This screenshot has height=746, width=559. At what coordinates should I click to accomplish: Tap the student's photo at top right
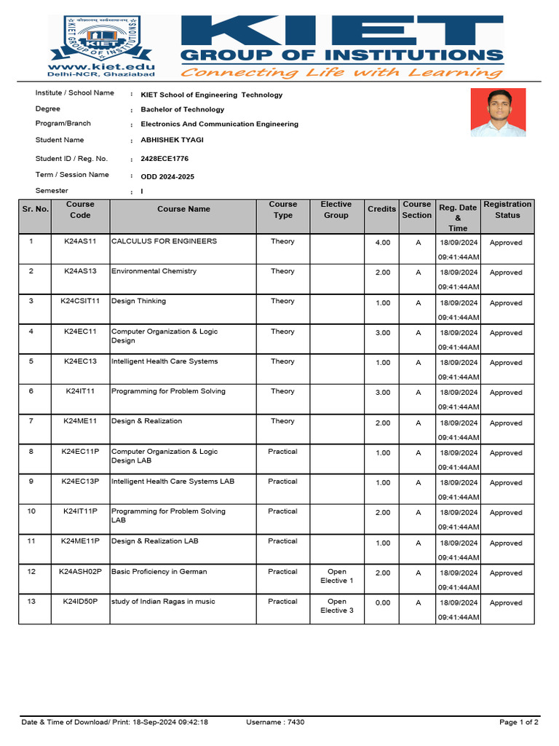pos(498,113)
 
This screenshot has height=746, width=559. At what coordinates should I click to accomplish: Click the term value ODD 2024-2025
pos(167,176)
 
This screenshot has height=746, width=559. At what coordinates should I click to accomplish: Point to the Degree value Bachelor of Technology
pos(182,109)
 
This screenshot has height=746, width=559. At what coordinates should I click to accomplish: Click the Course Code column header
pos(80,210)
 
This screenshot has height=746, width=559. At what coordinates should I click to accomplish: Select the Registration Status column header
pos(507,210)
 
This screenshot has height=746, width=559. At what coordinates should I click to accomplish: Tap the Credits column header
pos(381,209)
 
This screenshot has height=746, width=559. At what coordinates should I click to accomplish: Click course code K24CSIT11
pos(80,302)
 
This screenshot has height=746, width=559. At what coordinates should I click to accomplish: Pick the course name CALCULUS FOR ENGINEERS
pos(164,241)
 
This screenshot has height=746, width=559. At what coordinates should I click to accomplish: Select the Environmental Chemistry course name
pos(154,271)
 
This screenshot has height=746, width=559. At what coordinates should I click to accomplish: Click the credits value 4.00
pos(382,243)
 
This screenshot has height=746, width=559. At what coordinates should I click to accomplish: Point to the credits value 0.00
pos(382,603)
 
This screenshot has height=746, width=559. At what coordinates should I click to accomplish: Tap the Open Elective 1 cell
pos(336,576)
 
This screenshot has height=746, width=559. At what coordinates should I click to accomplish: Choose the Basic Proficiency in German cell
pos(159,572)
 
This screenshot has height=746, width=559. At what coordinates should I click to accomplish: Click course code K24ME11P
pos(80,541)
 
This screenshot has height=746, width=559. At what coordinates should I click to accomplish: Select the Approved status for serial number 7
pos(506,423)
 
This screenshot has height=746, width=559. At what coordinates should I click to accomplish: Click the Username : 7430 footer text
pos(275,723)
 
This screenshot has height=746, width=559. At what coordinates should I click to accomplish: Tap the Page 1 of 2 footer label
pos(518,723)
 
